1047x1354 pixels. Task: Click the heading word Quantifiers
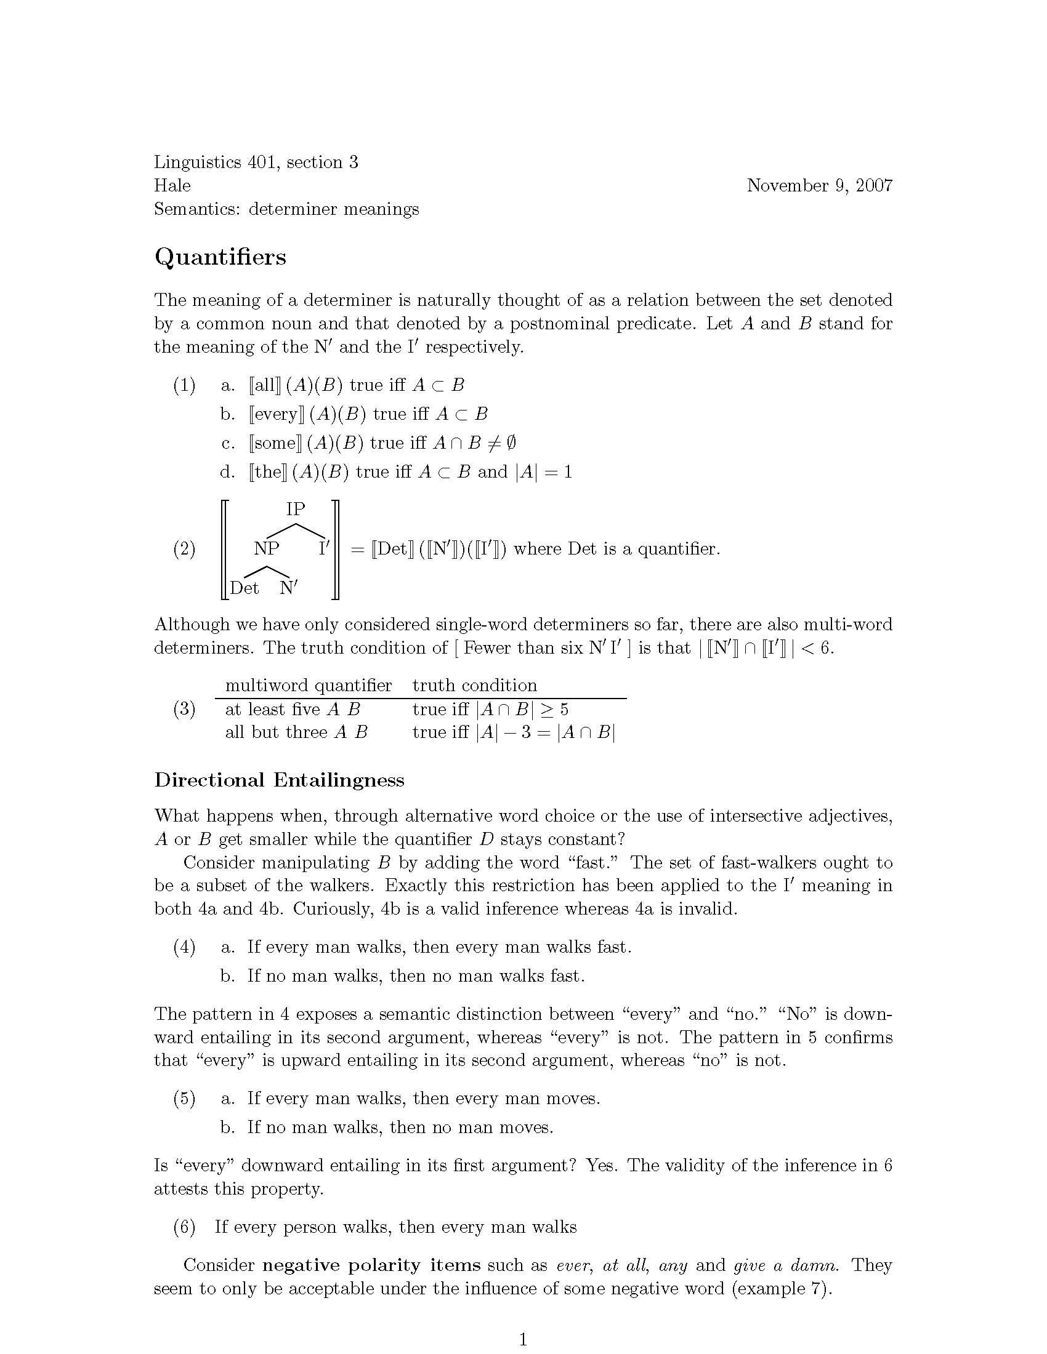click(220, 257)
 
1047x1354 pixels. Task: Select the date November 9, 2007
click(819, 185)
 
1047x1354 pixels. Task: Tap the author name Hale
click(172, 185)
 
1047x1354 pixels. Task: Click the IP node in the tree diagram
click(296, 509)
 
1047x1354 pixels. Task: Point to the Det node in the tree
click(245, 588)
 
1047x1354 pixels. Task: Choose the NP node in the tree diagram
click(267, 548)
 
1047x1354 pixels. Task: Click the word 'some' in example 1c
click(273, 443)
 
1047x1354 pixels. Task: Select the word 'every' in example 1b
click(276, 414)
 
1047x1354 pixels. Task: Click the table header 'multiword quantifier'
click(309, 685)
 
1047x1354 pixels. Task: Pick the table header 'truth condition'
click(474, 685)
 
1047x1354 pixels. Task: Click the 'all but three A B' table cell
click(296, 732)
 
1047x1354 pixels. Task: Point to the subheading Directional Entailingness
click(279, 780)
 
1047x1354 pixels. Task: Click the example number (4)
click(184, 947)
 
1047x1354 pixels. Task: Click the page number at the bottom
click(523, 1340)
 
